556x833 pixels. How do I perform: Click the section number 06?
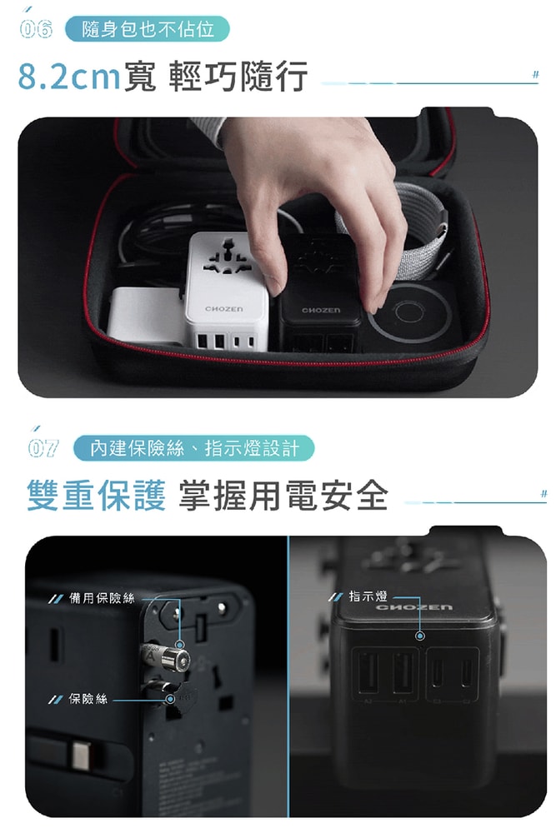click(x=37, y=30)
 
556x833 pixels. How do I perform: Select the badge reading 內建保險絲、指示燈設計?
click(x=193, y=448)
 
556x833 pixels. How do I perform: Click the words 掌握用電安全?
click(x=283, y=496)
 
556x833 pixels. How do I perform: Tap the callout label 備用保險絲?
click(x=102, y=598)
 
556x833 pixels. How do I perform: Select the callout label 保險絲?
click(x=88, y=698)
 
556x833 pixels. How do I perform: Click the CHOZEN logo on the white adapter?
click(x=224, y=309)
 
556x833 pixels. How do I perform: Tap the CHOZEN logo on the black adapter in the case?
click(x=320, y=310)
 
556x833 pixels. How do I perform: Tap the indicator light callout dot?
click(x=419, y=636)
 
